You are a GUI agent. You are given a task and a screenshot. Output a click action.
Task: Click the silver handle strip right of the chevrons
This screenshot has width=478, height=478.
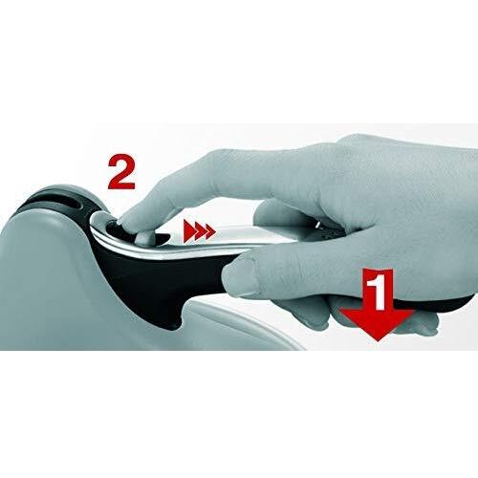[x=249, y=231]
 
